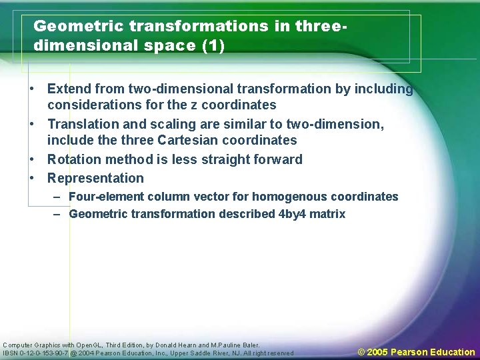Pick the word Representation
point(95,178)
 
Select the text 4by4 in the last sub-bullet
point(292,214)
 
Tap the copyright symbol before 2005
point(362,352)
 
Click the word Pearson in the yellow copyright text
point(409,352)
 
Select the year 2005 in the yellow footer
point(377,352)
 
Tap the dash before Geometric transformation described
point(57,214)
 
